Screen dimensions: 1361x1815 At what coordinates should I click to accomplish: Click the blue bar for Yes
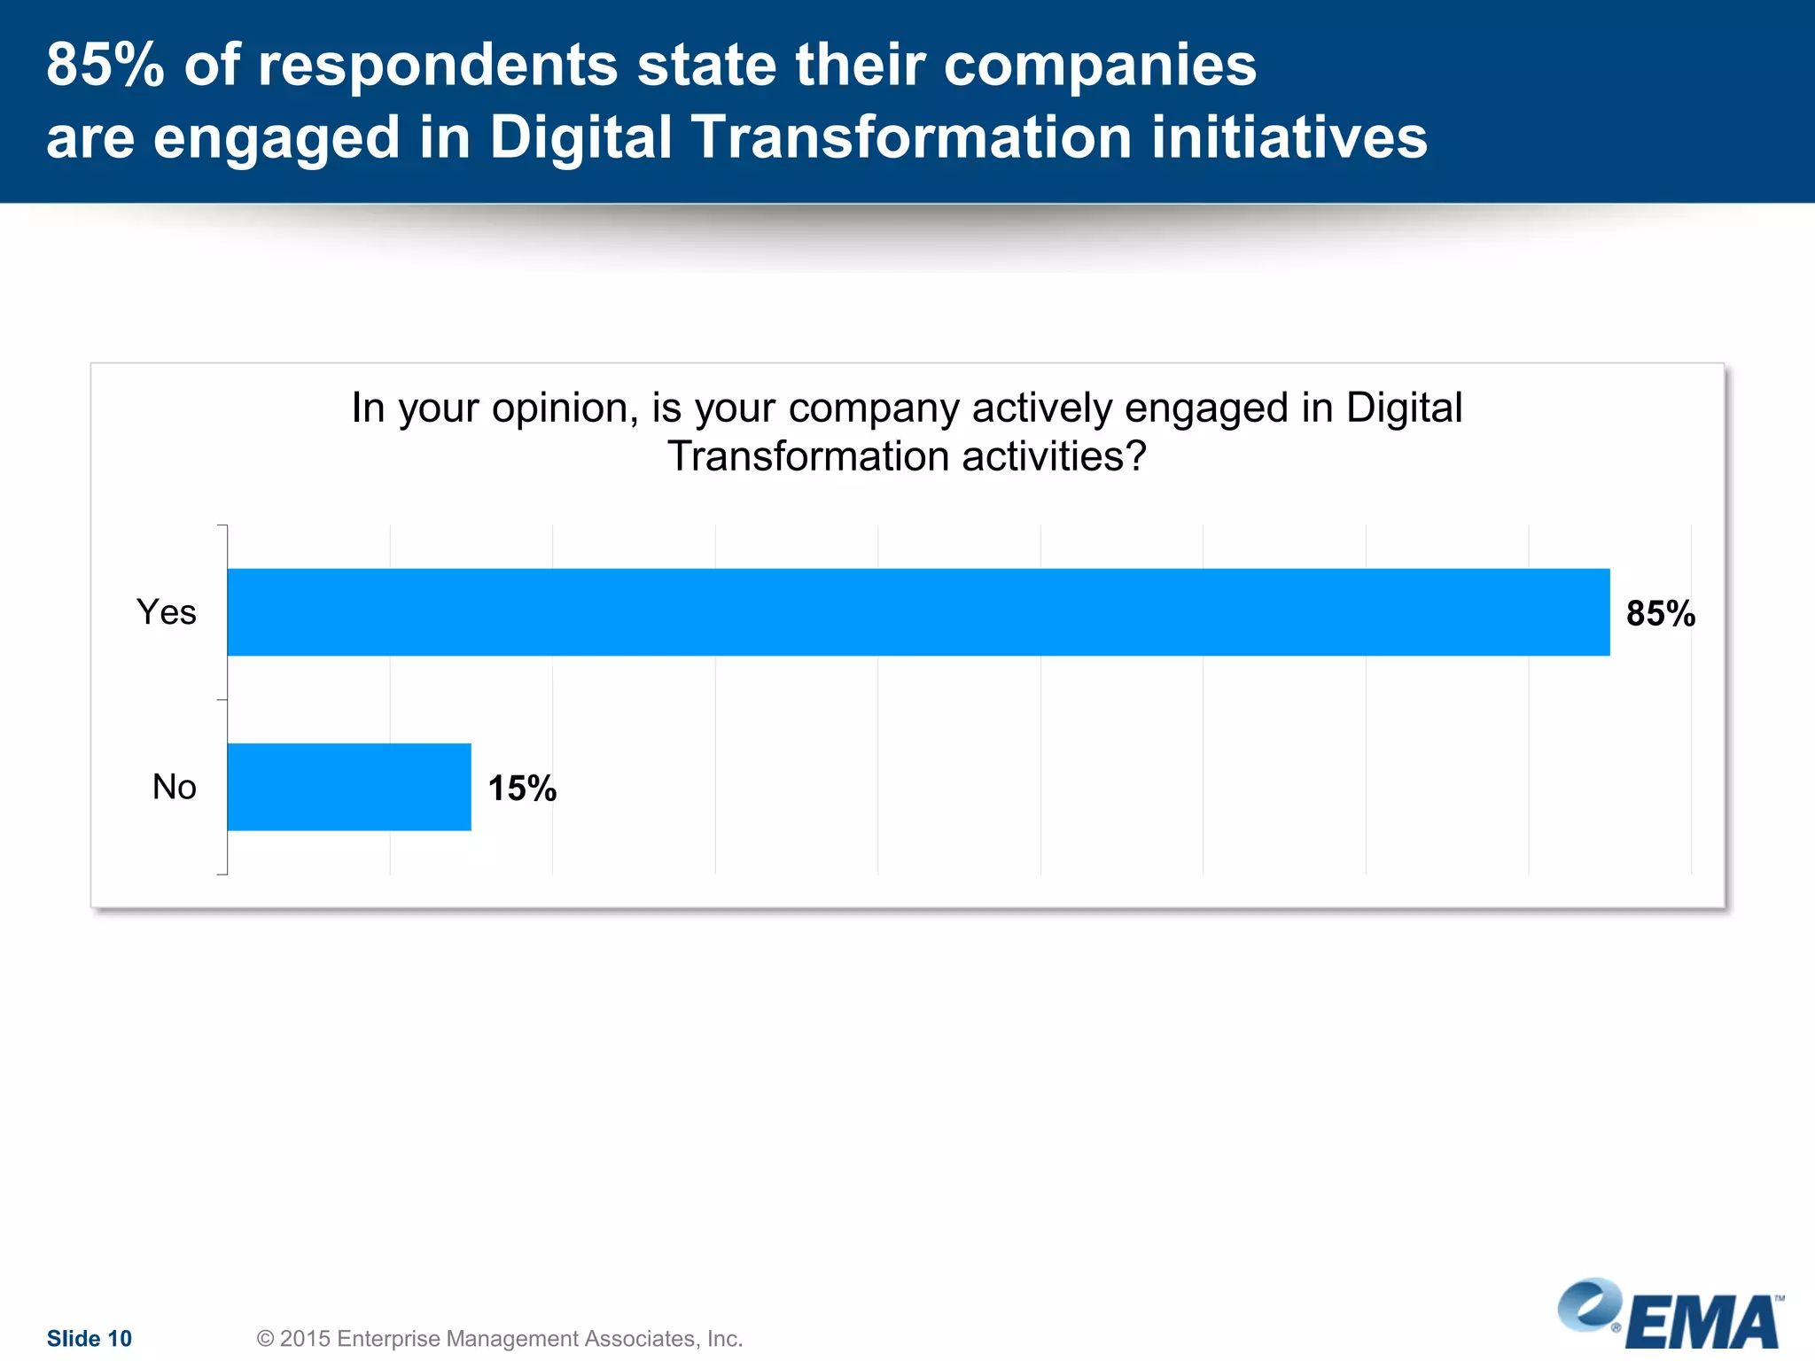click(918, 612)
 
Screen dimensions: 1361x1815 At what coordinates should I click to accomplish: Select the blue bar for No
click(349, 787)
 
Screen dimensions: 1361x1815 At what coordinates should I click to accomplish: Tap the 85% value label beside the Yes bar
click(1660, 614)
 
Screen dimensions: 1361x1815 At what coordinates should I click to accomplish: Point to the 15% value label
click(522, 789)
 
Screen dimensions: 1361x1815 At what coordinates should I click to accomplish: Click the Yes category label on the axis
click(166, 612)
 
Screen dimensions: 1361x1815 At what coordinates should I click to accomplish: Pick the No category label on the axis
click(174, 787)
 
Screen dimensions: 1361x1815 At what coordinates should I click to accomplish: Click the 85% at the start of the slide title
click(105, 65)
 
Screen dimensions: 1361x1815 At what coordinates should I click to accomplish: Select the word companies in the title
click(1099, 66)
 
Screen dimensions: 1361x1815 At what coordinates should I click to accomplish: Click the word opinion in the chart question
click(565, 408)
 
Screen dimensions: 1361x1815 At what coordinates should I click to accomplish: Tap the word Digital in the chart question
click(1404, 408)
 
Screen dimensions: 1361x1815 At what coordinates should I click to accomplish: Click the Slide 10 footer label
click(89, 1338)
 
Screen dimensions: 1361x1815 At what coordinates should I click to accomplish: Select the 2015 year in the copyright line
click(304, 1338)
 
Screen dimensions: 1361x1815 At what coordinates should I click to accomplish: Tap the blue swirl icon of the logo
click(1589, 1304)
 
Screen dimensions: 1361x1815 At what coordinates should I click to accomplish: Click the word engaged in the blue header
click(277, 139)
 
